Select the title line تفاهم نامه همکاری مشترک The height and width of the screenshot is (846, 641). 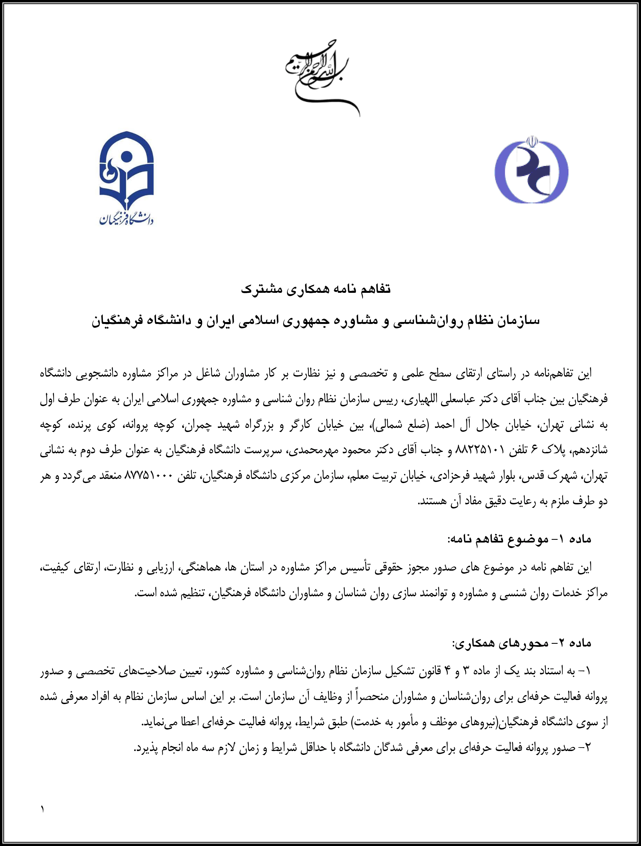pos(316,289)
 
